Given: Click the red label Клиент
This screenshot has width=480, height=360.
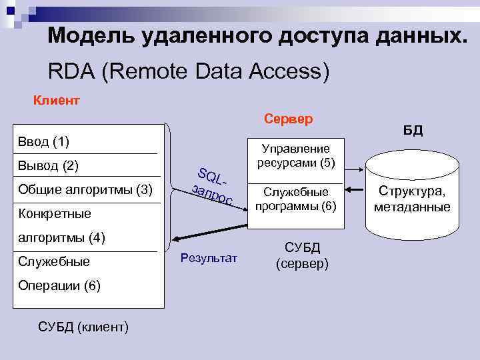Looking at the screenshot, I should coord(57,101).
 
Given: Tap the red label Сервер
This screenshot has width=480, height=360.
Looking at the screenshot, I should coord(288,119).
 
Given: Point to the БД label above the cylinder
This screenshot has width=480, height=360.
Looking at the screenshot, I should coord(413,130).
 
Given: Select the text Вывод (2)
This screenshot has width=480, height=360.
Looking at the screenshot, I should coord(49,165).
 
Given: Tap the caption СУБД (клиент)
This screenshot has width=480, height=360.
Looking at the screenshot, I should coord(85,327).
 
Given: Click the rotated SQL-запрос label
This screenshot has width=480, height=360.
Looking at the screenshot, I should coord(212,186).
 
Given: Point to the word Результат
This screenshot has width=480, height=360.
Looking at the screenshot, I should coord(209,258).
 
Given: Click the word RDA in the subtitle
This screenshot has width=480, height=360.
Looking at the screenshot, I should coord(71,71).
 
